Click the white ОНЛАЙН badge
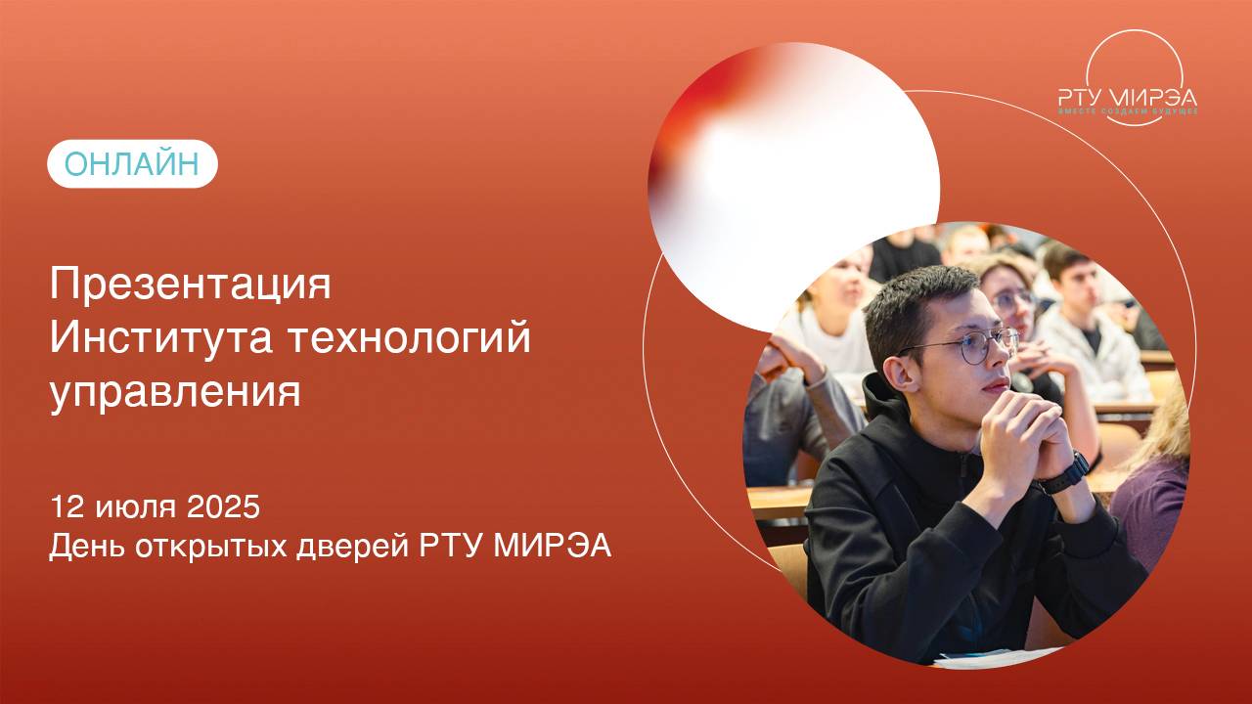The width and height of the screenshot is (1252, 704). (x=132, y=164)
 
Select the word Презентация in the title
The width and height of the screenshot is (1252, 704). (x=191, y=286)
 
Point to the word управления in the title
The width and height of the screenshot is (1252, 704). (x=175, y=393)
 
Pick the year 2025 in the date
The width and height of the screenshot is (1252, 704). (x=223, y=507)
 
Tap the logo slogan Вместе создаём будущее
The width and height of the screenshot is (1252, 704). (x=1128, y=112)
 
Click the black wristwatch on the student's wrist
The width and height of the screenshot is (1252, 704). (x=1065, y=472)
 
